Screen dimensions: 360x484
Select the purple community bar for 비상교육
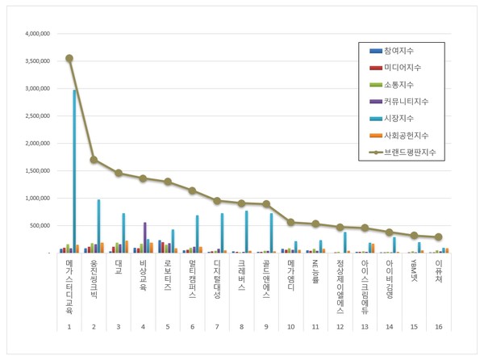point(145,237)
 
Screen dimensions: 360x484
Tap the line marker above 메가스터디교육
point(69,58)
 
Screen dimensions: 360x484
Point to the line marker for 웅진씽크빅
point(94,160)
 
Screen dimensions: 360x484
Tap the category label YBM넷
point(415,273)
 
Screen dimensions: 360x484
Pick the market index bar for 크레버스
point(245,232)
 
